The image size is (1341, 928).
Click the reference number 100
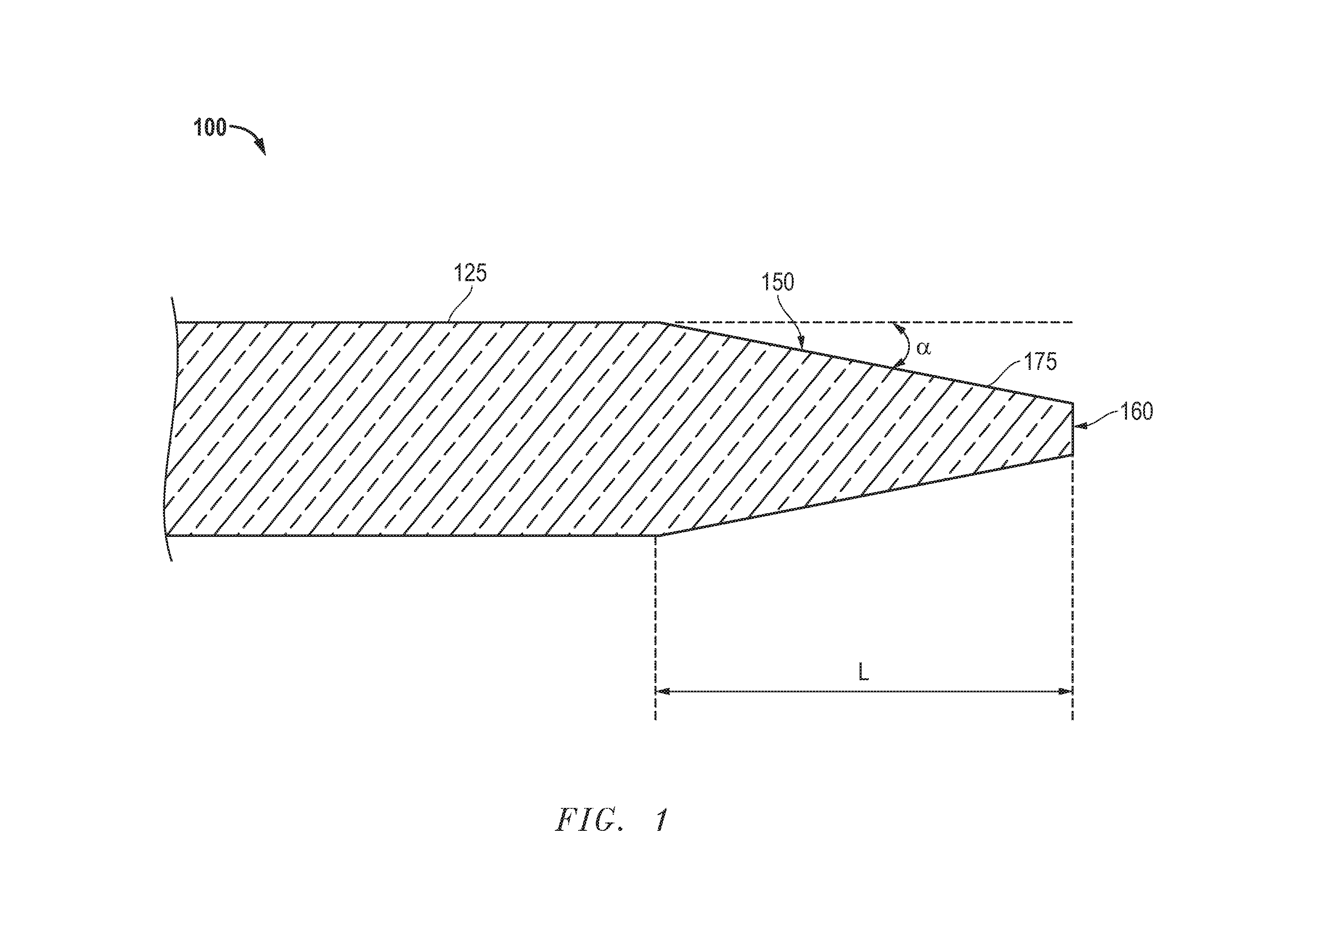pos(210,127)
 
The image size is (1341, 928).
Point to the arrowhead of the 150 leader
pos(801,342)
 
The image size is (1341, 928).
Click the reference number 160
pos(1136,412)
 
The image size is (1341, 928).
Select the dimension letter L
pos(864,673)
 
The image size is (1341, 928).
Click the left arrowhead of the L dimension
pos(663,691)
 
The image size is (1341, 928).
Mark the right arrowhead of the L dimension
pos(1065,691)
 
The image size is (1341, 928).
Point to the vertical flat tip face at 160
pos(1072,429)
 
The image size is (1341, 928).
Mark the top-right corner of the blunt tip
pos(1072,402)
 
